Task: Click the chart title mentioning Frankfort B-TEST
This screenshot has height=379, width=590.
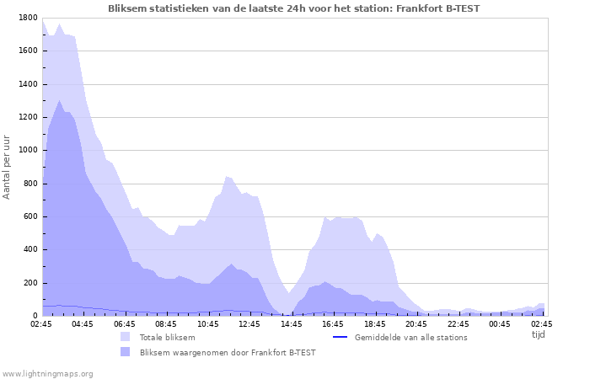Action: click(x=294, y=8)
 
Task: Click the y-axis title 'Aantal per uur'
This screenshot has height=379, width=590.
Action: click(x=8, y=166)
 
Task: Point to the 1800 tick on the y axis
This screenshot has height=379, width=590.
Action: click(x=27, y=18)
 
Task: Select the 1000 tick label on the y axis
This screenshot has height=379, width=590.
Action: click(x=27, y=150)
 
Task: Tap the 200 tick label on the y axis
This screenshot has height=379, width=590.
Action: click(x=29, y=283)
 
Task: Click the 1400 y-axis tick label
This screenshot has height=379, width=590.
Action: click(x=27, y=84)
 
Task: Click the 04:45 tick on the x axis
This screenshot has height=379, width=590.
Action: click(x=83, y=323)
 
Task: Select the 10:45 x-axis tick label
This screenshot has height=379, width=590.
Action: click(x=207, y=323)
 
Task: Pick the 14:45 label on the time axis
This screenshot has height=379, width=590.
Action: click(x=291, y=323)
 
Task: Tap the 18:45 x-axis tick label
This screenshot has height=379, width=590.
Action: click(x=374, y=323)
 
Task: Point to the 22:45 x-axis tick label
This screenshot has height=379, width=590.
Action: click(x=458, y=323)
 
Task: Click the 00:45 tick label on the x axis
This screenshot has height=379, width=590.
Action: click(x=499, y=323)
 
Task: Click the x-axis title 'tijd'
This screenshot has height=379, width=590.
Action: click(x=538, y=334)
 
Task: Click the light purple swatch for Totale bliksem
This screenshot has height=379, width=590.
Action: click(x=126, y=337)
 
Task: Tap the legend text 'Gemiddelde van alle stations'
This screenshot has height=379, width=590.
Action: click(x=410, y=337)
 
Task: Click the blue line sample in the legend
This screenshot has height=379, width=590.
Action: click(x=341, y=337)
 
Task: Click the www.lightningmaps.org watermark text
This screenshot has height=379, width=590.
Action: click(x=47, y=373)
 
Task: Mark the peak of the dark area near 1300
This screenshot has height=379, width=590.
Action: click(x=59, y=100)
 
